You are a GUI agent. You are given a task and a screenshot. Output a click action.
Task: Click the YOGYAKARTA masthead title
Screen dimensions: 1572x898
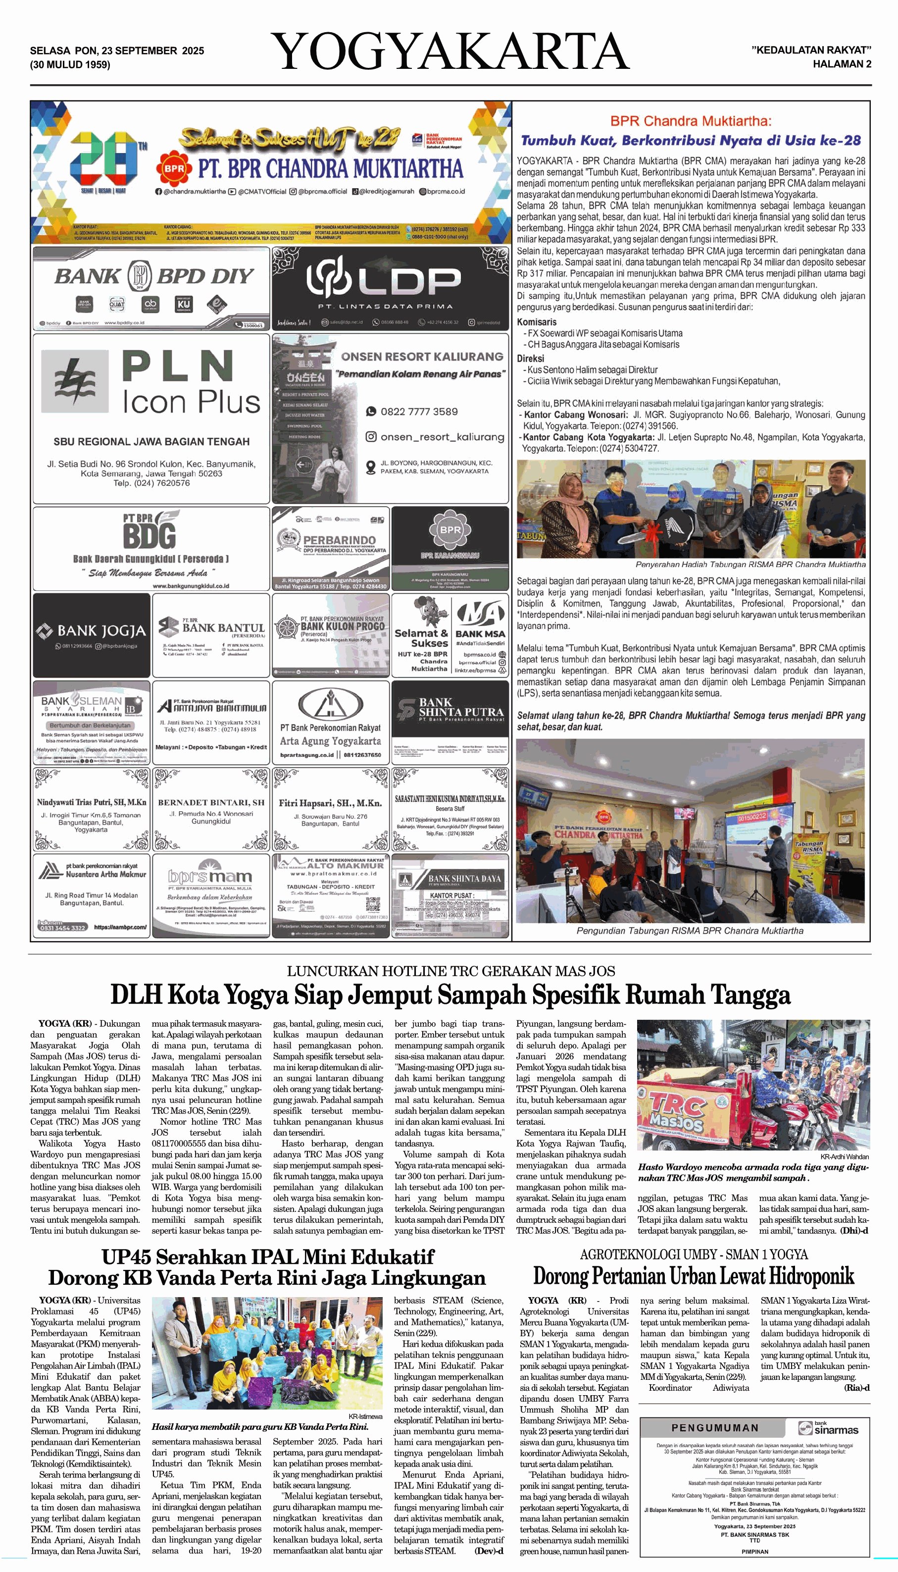pyautogui.click(x=449, y=52)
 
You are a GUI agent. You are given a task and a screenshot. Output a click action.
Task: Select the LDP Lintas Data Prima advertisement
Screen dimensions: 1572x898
pyautogui.click(x=390, y=288)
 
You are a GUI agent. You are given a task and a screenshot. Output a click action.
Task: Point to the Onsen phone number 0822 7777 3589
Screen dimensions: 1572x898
pyautogui.click(x=419, y=412)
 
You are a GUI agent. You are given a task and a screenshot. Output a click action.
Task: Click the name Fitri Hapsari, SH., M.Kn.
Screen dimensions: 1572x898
pyautogui.click(x=330, y=803)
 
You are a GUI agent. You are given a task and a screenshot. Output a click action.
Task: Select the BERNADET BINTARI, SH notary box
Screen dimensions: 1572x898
pyautogui.click(x=211, y=809)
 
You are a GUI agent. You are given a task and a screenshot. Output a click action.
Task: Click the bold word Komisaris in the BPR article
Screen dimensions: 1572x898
pyautogui.click(x=537, y=322)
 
